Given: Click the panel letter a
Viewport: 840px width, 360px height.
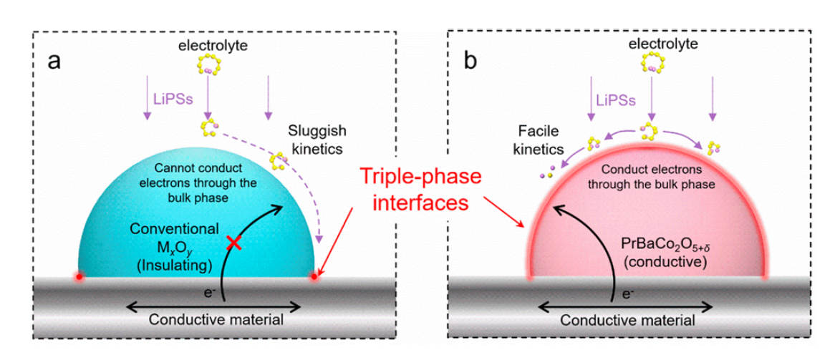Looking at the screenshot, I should pos(54,61).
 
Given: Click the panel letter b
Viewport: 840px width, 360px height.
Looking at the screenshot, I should pos(470,61).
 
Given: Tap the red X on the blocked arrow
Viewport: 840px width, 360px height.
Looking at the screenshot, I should pos(233,243).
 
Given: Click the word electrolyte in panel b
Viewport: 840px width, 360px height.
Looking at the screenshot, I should pos(653,45).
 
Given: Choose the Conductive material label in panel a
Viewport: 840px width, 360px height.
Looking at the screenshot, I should pos(213,319).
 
